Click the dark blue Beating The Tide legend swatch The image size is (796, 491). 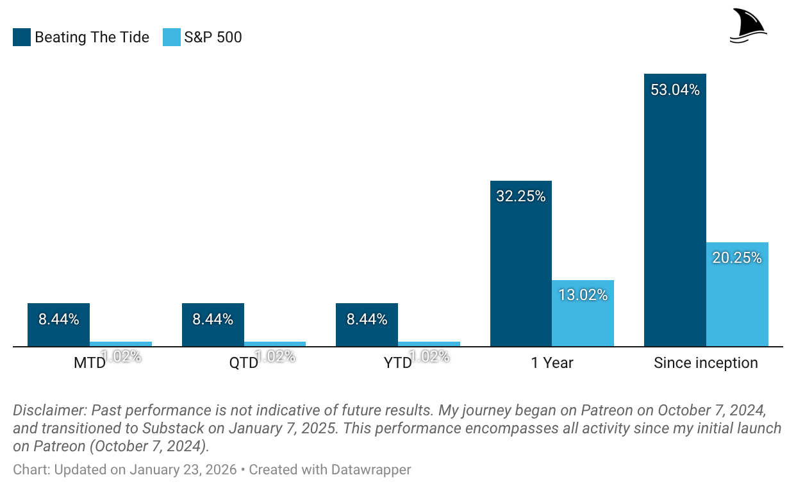22,37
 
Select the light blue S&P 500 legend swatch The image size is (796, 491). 172,37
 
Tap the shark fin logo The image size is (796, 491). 748,26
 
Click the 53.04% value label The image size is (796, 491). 675,90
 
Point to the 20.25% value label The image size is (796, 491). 737,258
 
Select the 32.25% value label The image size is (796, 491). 520,197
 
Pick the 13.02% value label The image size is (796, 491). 583,295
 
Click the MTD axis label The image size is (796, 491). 89,363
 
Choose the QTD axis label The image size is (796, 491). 244,363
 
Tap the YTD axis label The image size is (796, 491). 397,363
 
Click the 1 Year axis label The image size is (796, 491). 552,363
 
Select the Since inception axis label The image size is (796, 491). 706,363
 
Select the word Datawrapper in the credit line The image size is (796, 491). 371,470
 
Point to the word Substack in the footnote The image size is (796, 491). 173,428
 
